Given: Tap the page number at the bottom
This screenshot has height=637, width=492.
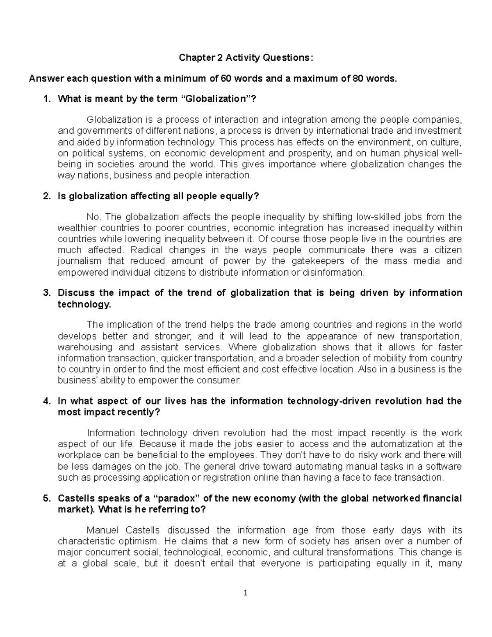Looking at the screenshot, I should (x=246, y=593).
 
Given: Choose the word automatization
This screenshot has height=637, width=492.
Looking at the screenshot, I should (x=403, y=444).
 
